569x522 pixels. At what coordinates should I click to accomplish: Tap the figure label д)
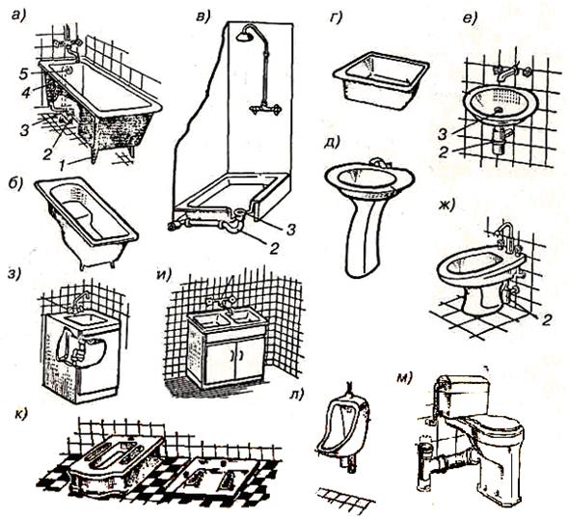(331, 142)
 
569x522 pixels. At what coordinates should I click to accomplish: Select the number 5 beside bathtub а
(23, 74)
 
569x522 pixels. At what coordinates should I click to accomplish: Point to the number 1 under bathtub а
(63, 166)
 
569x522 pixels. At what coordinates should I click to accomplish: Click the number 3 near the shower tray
(289, 230)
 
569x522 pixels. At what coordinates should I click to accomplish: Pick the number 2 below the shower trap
(274, 248)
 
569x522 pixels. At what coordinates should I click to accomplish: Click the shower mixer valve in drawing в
(265, 108)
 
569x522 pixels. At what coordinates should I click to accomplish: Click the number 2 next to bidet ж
(546, 319)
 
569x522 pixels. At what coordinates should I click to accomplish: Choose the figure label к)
(21, 414)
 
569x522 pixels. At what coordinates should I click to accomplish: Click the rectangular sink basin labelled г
(381, 81)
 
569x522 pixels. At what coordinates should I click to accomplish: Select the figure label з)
(14, 274)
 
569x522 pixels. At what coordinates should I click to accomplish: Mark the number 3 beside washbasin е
(442, 134)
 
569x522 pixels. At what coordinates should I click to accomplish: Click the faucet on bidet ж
(507, 236)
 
